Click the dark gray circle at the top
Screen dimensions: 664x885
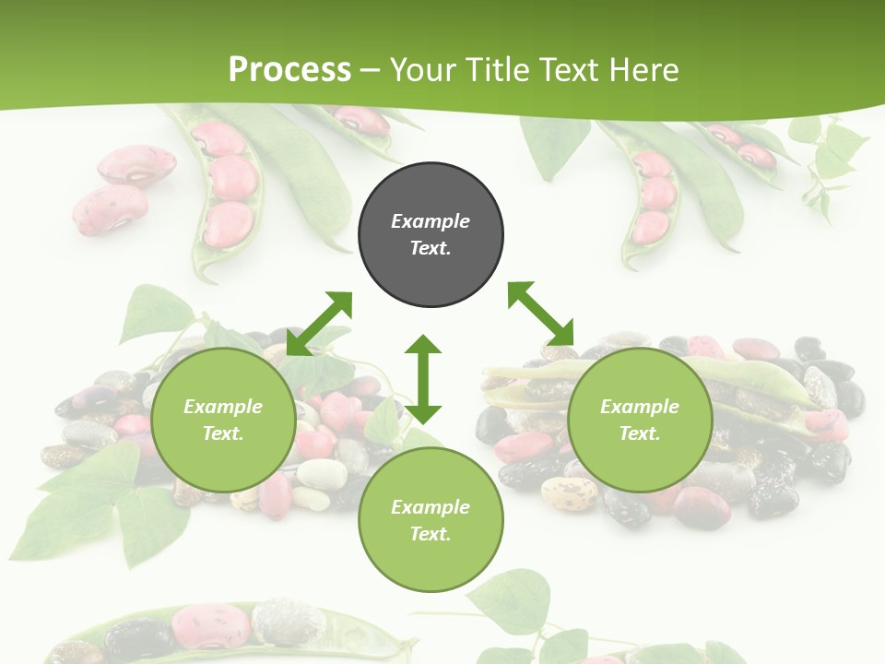[x=431, y=235]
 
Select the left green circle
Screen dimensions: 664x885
[x=223, y=421]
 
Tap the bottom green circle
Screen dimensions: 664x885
[x=431, y=520]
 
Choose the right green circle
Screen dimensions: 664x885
[x=640, y=421]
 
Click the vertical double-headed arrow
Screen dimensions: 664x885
[x=423, y=379]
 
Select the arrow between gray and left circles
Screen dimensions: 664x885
[x=319, y=324]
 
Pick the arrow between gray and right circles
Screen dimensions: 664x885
[x=541, y=314]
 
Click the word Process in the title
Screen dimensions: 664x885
[x=289, y=69]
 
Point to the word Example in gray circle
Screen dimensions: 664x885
[x=431, y=221]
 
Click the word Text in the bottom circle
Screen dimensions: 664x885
[x=430, y=534]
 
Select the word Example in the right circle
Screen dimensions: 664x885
[x=640, y=407]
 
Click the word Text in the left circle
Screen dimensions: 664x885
[x=222, y=433]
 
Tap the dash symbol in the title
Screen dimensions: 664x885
[x=370, y=70]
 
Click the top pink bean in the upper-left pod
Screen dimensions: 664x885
[x=218, y=138]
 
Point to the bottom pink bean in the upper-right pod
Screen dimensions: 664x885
[x=651, y=226]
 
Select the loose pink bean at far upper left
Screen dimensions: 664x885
[x=136, y=164]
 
